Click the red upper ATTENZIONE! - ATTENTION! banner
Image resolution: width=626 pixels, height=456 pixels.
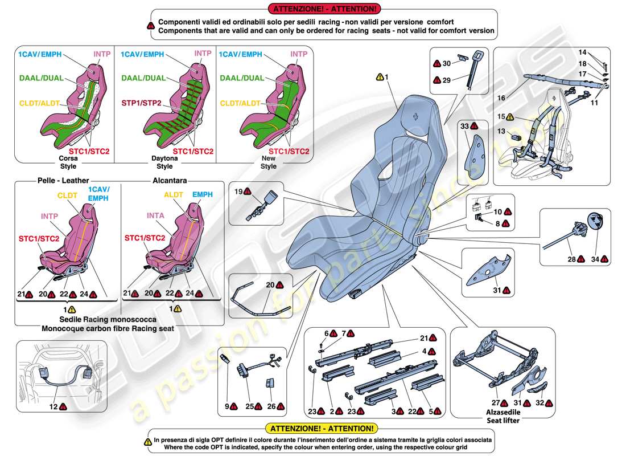click(x=324, y=9)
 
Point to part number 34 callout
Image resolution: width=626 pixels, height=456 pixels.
click(x=594, y=259)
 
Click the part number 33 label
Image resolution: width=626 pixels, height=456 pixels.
click(x=464, y=125)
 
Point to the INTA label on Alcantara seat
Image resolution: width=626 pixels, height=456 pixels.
click(x=156, y=215)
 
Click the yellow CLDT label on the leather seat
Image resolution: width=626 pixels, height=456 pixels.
click(x=67, y=194)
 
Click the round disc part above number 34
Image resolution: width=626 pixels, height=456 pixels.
click(x=595, y=222)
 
